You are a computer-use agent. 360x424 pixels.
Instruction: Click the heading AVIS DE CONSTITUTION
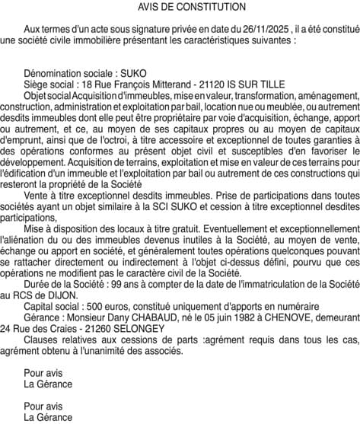coord(181,7)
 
